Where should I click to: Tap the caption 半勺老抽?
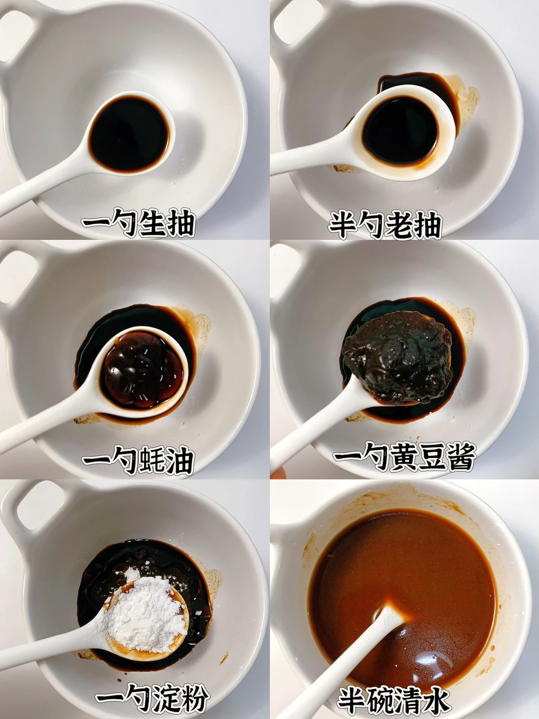click(x=385, y=225)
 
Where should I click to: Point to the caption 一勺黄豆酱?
click(x=404, y=457)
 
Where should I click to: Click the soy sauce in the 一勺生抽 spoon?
click(x=129, y=134)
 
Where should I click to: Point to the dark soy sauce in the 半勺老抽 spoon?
click(x=400, y=131)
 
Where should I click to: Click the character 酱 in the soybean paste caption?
click(x=462, y=457)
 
